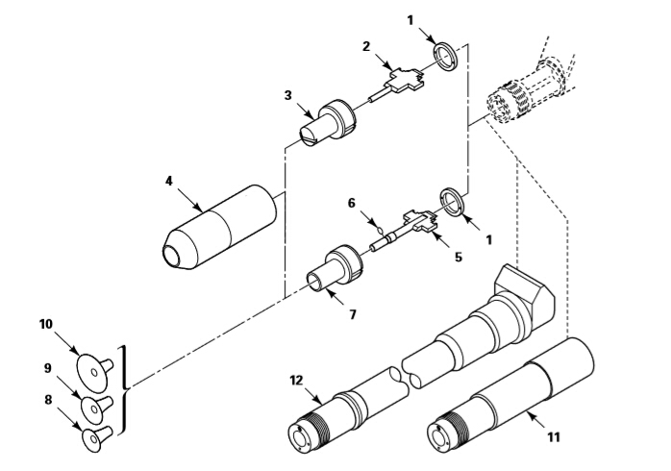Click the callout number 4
click(x=169, y=181)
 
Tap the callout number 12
click(x=296, y=381)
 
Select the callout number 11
click(x=554, y=437)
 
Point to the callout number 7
click(x=353, y=315)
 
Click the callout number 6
click(x=351, y=203)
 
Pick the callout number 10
click(x=46, y=324)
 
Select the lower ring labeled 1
click(x=452, y=203)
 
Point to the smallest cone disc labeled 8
click(x=97, y=439)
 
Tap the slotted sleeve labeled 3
click(x=328, y=122)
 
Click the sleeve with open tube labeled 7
click(x=335, y=268)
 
